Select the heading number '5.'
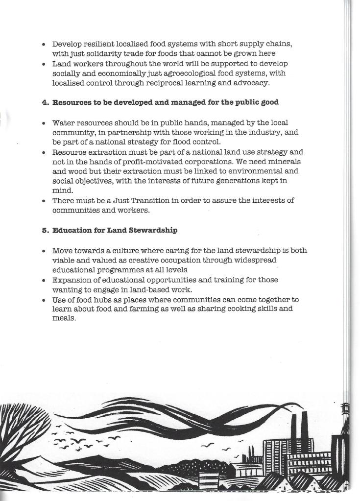pos(45,230)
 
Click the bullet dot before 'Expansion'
pos(44,280)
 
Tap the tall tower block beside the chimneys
pos(275,458)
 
